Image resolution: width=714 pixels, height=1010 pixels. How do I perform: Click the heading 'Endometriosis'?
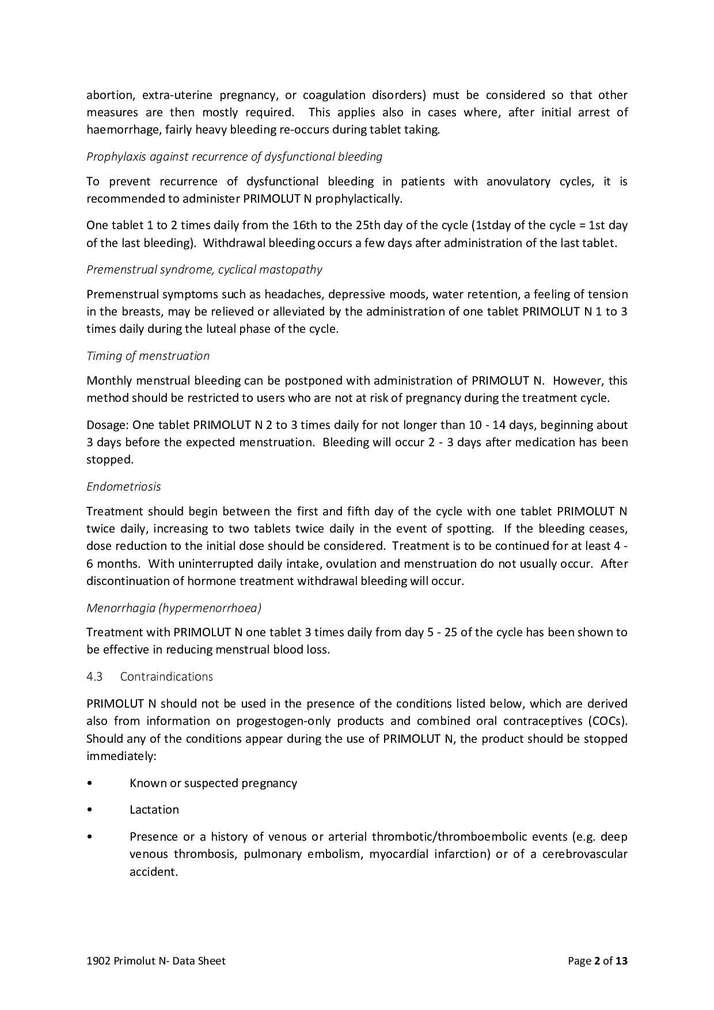click(x=123, y=487)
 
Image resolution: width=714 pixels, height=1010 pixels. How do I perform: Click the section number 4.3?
click(x=94, y=677)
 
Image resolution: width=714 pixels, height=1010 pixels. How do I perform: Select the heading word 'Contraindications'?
click(x=166, y=677)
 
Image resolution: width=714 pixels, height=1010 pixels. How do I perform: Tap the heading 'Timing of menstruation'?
click(x=148, y=356)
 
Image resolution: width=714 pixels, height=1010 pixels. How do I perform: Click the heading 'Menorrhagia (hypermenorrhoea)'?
click(x=174, y=607)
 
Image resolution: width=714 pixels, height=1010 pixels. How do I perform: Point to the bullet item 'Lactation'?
click(x=154, y=810)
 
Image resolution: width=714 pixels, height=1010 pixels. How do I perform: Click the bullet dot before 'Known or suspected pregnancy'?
click(x=89, y=783)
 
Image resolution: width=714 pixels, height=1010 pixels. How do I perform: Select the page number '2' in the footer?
click(x=597, y=960)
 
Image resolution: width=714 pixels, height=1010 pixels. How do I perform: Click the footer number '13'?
click(x=621, y=960)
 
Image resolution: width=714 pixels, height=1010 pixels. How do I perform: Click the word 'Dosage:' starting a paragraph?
click(x=108, y=425)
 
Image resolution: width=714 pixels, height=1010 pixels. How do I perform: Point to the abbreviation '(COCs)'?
click(x=607, y=721)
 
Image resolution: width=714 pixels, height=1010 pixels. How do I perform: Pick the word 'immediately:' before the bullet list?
click(x=121, y=756)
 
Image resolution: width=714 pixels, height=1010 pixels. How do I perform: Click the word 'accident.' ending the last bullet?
click(x=153, y=872)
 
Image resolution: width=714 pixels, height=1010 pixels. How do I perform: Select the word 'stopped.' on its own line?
click(x=109, y=460)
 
